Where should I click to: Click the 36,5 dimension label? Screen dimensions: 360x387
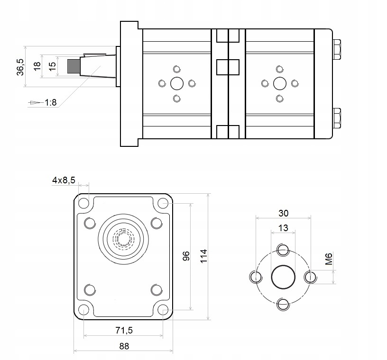[20, 66]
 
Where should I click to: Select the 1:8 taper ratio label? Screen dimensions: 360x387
[51, 102]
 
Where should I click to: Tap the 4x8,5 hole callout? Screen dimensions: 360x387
[64, 180]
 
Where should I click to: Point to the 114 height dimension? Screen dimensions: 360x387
[203, 256]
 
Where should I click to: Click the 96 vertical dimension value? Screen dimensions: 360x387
[186, 256]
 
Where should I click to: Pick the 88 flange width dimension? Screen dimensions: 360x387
[124, 346]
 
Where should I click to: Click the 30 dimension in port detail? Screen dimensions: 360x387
[283, 213]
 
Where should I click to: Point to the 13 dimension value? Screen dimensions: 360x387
[283, 228]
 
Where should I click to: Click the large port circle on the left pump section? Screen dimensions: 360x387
[177, 83]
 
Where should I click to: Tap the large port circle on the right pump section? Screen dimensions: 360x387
[280, 83]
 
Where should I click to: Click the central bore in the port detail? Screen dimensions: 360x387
[283, 277]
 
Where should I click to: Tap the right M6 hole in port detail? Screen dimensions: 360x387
[310, 277]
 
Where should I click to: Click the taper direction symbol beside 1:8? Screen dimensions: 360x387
[35, 102]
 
